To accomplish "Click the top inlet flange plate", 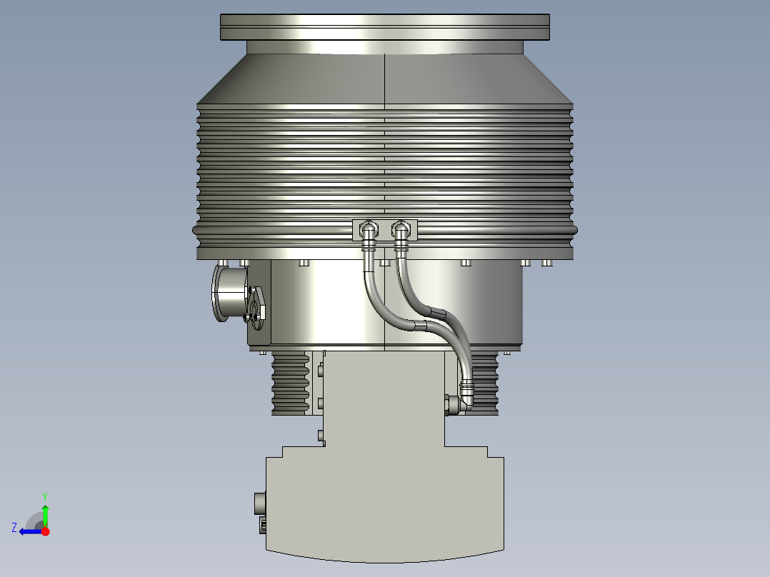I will coord(385,27).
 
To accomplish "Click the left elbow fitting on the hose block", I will coord(367,231).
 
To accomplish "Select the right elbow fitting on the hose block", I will coord(401,231).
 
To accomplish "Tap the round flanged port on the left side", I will coord(229,293).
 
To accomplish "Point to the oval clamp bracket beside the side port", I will coord(256,303).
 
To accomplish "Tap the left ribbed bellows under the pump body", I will coord(290,384).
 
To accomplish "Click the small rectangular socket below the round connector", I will coord(262,526).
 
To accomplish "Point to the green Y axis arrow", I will coord(45,515).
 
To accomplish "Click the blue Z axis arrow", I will coord(30,531).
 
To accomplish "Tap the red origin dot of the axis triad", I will coord(46,531).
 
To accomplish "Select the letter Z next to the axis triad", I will coord(14,528).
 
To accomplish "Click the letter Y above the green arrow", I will coord(44,496).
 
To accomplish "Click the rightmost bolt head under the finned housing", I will coord(547,263).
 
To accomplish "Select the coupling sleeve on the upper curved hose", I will coord(435,313).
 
